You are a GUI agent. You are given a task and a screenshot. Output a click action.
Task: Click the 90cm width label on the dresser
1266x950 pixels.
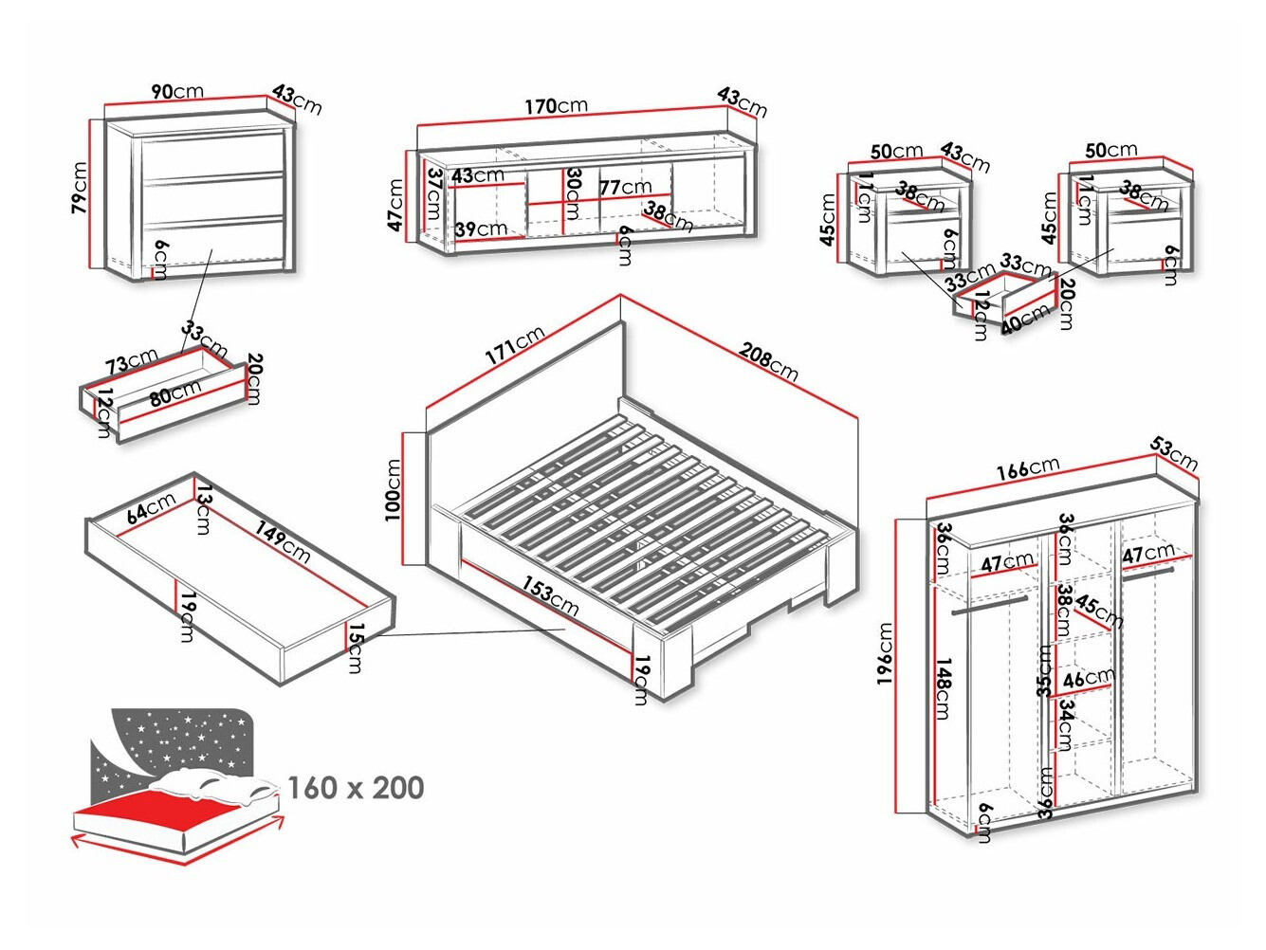click(177, 91)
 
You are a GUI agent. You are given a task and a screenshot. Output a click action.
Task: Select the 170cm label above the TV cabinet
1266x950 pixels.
click(557, 105)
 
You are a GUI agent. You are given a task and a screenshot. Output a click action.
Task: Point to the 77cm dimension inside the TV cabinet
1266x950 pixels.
click(625, 187)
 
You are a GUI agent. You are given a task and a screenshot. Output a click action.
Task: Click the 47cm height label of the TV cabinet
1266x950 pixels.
click(396, 206)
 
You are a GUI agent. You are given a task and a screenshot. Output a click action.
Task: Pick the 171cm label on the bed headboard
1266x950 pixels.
click(515, 345)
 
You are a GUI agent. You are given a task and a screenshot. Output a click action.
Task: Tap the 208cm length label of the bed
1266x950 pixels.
click(768, 361)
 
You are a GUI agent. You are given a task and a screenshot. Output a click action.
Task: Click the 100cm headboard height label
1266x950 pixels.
click(393, 490)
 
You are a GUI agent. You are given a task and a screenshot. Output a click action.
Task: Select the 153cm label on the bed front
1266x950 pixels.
click(551, 594)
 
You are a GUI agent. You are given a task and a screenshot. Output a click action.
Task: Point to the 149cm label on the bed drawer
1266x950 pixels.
click(282, 540)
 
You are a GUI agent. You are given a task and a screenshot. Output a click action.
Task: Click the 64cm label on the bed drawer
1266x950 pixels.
click(152, 508)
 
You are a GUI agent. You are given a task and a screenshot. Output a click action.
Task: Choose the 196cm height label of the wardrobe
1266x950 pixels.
click(886, 653)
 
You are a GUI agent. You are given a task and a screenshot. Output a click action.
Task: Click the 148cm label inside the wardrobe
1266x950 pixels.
click(944, 688)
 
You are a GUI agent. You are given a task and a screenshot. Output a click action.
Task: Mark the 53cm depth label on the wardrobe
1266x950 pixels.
click(1174, 453)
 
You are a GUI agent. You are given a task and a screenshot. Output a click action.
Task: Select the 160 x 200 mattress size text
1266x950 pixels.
click(356, 787)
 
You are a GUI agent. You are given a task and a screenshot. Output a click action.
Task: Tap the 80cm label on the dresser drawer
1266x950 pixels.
click(175, 392)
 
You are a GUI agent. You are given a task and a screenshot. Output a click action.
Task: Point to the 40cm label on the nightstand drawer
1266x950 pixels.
click(1025, 319)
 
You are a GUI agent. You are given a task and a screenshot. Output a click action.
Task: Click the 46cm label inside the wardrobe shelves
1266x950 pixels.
click(1088, 679)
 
